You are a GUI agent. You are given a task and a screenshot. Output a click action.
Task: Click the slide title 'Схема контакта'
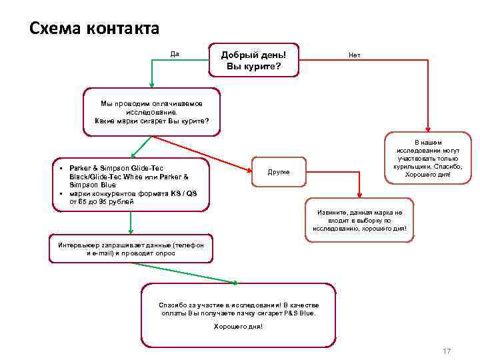95,29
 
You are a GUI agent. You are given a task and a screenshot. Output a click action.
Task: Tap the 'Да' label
175,54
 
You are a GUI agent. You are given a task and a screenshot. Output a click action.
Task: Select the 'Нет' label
354,55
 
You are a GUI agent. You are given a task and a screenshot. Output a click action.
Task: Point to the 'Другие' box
279,171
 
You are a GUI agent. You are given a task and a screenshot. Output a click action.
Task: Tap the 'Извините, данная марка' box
364,220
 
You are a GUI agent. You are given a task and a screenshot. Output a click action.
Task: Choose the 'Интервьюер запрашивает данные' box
131,249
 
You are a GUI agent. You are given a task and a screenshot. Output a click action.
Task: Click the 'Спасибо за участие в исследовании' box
239,315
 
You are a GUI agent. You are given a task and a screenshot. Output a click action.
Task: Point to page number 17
447,351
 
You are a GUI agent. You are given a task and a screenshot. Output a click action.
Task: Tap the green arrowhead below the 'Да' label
152,85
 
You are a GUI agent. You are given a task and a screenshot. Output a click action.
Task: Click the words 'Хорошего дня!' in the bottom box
238,327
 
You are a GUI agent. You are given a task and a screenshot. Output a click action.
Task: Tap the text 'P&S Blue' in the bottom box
300,313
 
